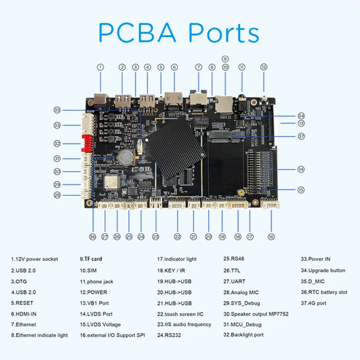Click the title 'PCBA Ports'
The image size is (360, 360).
pyautogui.click(x=179, y=33)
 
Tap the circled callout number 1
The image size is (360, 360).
pyautogui.click(x=100, y=67)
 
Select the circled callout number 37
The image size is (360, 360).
pyautogui.click(x=301, y=136)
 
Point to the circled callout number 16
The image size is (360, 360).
pyautogui.click(x=271, y=237)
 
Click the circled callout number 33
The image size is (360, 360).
pyautogui.click(x=57, y=125)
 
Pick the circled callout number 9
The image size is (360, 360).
pyautogui.click(x=225, y=59)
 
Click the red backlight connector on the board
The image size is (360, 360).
pyautogui.click(x=87, y=143)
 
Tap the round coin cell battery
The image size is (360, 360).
pyautogui.click(x=125, y=157)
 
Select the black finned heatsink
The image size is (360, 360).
pyautogui.click(x=174, y=147)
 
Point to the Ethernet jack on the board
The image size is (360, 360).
pyautogui.click(x=198, y=100)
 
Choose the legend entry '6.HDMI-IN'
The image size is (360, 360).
pyautogui.click(x=24, y=314)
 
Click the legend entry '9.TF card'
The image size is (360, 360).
pyautogui.click(x=91, y=259)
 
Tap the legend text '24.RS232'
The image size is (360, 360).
pyautogui.click(x=169, y=335)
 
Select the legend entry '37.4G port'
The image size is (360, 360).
pyautogui.click(x=313, y=303)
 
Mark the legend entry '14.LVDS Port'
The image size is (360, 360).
pyautogui.click(x=96, y=314)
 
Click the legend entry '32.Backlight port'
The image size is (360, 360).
pyautogui.click(x=244, y=335)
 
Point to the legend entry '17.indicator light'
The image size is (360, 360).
pyautogui.click(x=177, y=259)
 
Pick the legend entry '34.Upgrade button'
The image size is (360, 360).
pyautogui.click(x=323, y=271)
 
